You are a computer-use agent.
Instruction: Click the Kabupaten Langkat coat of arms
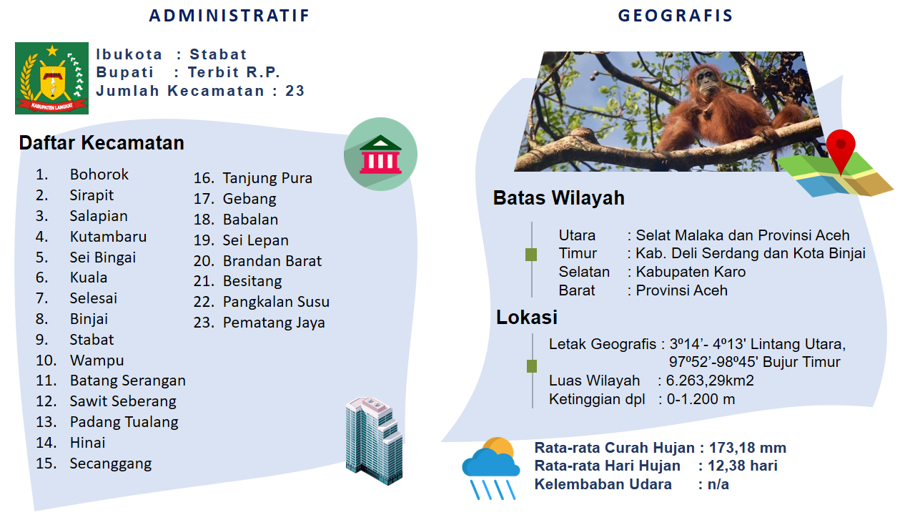click(x=52, y=78)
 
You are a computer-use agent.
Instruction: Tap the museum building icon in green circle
click(x=381, y=154)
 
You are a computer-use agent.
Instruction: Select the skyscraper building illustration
click(x=374, y=440)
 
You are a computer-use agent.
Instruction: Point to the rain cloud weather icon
click(x=491, y=469)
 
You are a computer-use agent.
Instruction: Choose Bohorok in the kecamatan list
click(x=99, y=175)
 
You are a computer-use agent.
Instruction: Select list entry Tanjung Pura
click(x=267, y=179)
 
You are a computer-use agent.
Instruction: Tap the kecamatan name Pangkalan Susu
click(x=276, y=302)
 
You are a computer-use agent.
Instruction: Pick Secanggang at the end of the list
click(x=111, y=464)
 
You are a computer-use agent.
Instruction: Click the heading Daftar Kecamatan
click(x=102, y=143)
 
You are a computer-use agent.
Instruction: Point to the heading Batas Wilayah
click(x=559, y=198)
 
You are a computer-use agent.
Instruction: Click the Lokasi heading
click(x=527, y=317)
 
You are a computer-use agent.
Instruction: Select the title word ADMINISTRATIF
click(x=229, y=16)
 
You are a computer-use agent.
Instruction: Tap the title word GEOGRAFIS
click(x=676, y=16)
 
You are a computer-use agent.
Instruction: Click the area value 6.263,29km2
click(x=710, y=381)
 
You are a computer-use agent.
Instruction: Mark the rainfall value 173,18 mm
click(x=748, y=448)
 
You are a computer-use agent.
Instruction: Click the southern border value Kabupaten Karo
click(x=691, y=273)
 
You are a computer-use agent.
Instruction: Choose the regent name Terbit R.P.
click(x=234, y=72)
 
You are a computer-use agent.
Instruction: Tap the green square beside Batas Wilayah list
click(x=531, y=255)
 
